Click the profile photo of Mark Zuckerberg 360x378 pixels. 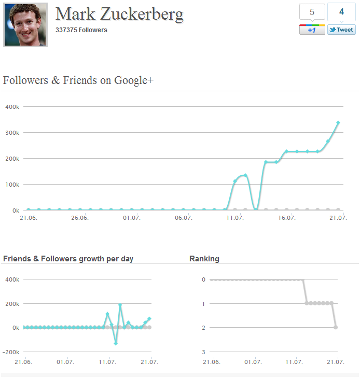(25, 24)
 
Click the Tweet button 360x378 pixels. (341, 30)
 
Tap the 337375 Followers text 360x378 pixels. (81, 30)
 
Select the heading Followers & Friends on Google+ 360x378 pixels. (78, 80)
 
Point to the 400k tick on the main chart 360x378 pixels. (12, 107)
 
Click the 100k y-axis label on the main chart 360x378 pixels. (12, 185)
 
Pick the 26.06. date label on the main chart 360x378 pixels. (80, 218)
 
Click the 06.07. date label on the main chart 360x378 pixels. (184, 218)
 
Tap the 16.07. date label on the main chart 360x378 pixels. (287, 218)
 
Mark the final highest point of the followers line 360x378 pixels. (338, 123)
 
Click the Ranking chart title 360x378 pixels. (204, 259)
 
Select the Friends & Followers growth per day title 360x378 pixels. (68, 259)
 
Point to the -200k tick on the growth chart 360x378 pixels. (11, 352)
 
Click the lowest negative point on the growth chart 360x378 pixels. (116, 343)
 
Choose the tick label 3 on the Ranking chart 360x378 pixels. (204, 352)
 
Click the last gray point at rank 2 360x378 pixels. (336, 327)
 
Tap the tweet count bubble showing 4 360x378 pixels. (341, 12)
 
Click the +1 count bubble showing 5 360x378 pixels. (312, 12)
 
